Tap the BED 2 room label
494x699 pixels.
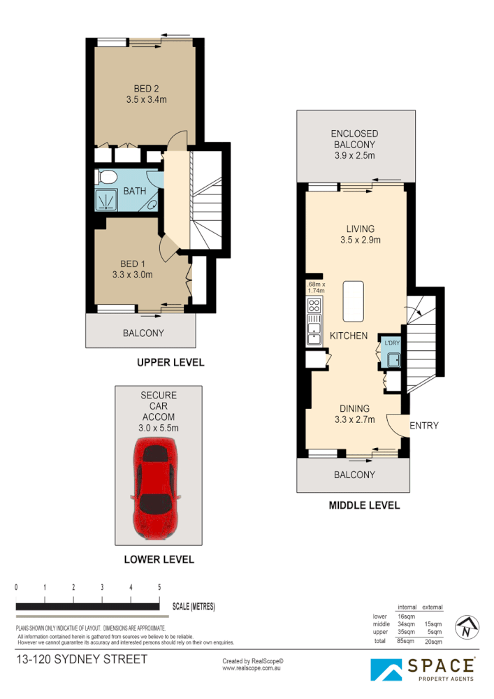click(147, 89)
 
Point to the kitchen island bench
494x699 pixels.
click(354, 298)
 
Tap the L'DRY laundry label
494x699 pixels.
click(391, 343)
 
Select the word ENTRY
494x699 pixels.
click(424, 425)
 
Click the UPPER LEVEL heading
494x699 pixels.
click(170, 362)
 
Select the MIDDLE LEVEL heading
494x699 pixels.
click(364, 505)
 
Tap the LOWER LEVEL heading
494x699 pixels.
click(159, 559)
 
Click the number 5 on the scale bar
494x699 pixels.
click(160, 587)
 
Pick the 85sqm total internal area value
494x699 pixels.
click(406, 640)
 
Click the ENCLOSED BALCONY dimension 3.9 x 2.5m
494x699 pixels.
click(354, 145)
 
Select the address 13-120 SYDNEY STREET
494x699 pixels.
click(82, 659)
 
